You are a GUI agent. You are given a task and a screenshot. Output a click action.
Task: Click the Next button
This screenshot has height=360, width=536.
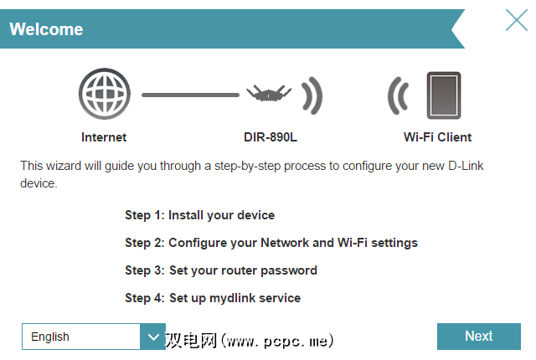point(478,336)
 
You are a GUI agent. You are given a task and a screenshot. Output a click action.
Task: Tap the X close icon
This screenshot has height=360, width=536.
point(517,20)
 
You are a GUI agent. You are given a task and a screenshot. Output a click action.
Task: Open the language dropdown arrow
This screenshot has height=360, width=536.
point(152,337)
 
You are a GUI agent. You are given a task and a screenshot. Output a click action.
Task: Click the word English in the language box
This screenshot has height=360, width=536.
point(50,337)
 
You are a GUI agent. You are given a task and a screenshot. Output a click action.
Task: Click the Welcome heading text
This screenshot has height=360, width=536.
point(46,29)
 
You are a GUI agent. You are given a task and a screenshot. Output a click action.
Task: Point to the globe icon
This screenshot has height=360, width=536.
point(105,94)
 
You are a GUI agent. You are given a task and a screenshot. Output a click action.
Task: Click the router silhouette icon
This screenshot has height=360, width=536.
point(269,93)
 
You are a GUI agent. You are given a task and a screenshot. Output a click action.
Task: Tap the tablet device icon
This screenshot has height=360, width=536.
point(444,95)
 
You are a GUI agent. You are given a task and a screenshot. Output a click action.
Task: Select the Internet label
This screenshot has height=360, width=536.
point(104,137)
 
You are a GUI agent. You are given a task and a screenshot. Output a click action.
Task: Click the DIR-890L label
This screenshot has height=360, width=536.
point(271,137)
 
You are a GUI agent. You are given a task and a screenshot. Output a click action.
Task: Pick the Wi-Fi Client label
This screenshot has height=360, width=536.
point(437,137)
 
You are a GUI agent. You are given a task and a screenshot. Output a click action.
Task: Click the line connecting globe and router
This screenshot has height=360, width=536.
point(190,95)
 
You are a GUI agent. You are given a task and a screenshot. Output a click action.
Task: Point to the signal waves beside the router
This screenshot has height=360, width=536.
point(312,95)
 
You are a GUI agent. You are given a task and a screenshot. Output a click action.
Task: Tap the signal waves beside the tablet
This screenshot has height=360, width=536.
point(398,95)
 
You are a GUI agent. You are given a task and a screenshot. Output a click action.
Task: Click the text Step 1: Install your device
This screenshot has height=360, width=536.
point(199,215)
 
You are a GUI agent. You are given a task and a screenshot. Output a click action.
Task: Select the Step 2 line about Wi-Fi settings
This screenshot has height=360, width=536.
point(271,243)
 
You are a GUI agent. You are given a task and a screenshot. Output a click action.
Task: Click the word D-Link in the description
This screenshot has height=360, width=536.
point(466,166)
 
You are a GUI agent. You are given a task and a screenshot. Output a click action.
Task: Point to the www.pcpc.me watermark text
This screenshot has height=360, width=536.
point(277,341)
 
